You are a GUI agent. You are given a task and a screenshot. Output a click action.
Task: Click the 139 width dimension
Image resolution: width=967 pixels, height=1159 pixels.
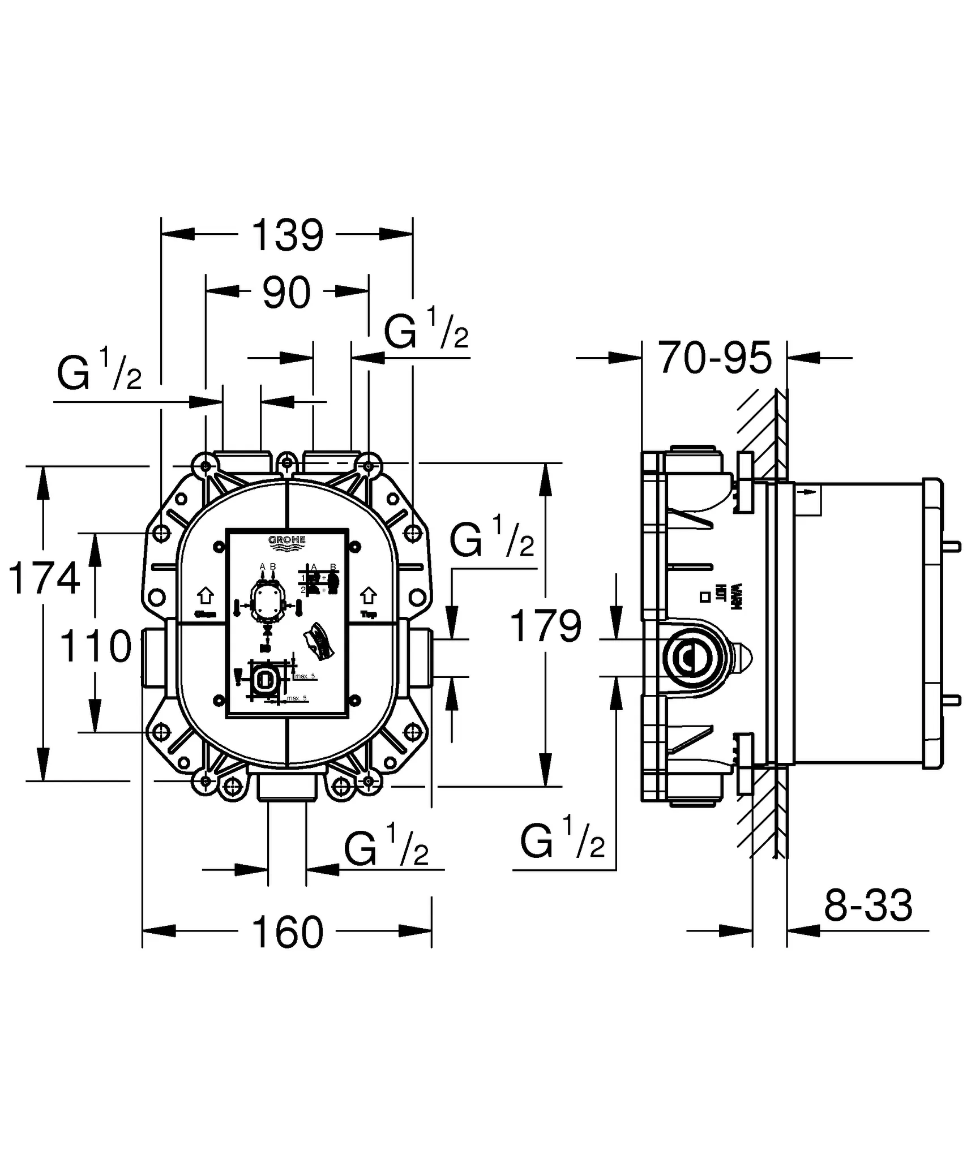pos(287,235)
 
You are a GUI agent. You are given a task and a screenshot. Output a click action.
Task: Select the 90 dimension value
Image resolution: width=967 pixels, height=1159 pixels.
pos(287,293)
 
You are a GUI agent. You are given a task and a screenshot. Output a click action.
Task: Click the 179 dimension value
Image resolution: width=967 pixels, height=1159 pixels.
pos(546,626)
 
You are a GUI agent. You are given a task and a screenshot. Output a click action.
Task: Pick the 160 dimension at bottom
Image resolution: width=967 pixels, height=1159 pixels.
pos(287,933)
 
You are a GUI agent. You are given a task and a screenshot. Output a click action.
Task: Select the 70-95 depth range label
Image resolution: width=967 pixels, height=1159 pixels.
pos(715,358)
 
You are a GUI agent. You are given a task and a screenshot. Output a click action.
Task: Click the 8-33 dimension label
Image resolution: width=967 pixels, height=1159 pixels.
pos(868,905)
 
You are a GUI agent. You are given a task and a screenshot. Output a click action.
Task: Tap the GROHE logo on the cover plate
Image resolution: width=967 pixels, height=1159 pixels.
pos(286,541)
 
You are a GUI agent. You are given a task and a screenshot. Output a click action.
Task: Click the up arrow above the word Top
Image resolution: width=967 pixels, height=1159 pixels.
pos(369,595)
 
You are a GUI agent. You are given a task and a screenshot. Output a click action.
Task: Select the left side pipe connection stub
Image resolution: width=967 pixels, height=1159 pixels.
pos(153,657)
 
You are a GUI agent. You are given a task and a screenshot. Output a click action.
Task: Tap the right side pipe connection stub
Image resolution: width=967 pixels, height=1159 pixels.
pos(420,657)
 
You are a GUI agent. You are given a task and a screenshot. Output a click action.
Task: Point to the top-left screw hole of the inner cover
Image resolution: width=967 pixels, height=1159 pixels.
pos(219,547)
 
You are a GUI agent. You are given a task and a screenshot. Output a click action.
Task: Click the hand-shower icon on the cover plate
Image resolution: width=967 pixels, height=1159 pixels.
pos(318,641)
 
